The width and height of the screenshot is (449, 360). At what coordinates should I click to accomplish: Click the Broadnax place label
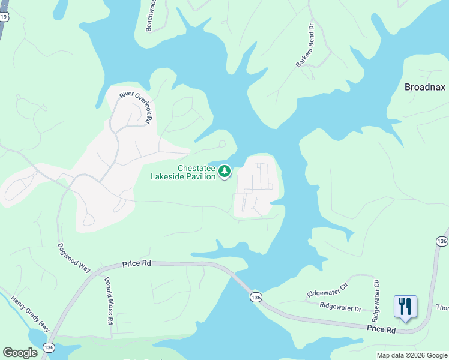(425, 87)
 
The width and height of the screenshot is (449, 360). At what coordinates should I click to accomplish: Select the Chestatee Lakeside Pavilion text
(182, 172)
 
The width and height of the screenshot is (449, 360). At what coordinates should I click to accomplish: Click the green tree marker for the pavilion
(224, 172)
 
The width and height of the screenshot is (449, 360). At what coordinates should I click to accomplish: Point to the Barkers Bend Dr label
(305, 45)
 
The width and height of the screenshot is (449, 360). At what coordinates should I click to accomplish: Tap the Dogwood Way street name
(74, 257)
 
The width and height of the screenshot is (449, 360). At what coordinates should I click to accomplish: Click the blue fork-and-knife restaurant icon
(405, 307)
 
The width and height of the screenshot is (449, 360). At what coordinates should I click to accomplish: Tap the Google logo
(20, 353)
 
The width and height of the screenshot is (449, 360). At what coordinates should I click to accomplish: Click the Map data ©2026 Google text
(412, 355)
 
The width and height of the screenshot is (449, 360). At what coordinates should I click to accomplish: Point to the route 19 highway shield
(4, 17)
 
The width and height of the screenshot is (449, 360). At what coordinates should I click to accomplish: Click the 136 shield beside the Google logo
(49, 347)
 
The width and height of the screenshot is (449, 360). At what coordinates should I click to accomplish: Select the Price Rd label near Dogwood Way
(138, 263)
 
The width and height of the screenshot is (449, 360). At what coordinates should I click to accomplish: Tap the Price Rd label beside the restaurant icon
(382, 329)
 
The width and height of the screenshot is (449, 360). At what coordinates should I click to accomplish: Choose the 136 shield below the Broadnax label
(442, 241)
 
